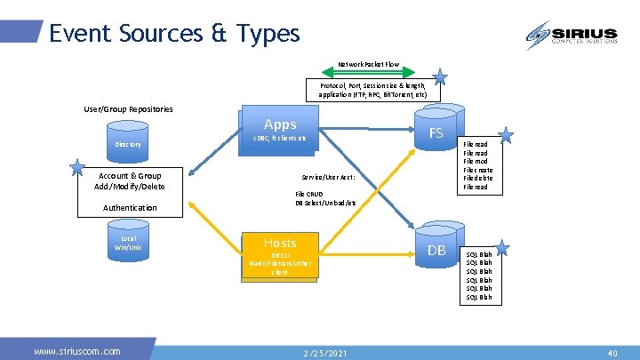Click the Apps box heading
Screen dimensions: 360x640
[280, 124]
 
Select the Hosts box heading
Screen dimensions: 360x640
[280, 243]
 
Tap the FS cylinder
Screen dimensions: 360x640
[436, 132]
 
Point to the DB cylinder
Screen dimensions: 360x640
[436, 251]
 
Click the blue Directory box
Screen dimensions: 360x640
[128, 144]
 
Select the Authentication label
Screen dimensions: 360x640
[130, 207]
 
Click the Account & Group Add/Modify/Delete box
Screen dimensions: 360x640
[130, 180]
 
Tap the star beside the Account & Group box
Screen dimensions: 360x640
[78, 169]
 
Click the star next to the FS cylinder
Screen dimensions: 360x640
[505, 135]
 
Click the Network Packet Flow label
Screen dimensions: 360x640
[368, 65]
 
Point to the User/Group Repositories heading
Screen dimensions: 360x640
[128, 109]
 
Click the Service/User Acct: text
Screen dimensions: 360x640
[329, 177]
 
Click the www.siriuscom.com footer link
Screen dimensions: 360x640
[77, 351]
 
